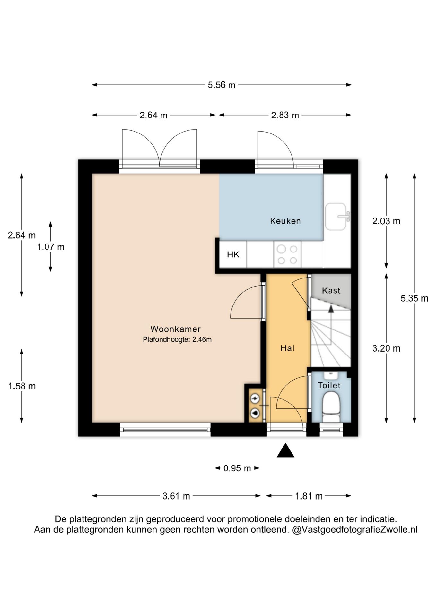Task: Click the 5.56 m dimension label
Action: (222, 85)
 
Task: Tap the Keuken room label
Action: (285, 221)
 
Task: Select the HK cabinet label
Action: (233, 255)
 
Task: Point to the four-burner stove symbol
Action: (287, 255)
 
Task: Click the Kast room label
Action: (331, 291)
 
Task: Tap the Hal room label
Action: (287, 348)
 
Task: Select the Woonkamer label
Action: (176, 329)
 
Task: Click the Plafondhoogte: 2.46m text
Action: (177, 339)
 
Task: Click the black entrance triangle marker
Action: (285, 450)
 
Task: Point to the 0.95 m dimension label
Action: (237, 468)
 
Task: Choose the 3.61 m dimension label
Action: (176, 496)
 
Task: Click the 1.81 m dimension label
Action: (309, 496)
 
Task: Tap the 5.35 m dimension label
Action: (414, 298)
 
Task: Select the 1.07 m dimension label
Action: (51, 247)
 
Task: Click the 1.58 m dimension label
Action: (22, 386)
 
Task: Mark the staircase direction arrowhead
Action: (331, 309)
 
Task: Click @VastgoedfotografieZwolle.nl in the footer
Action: (355, 530)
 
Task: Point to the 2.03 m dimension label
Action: (386, 221)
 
